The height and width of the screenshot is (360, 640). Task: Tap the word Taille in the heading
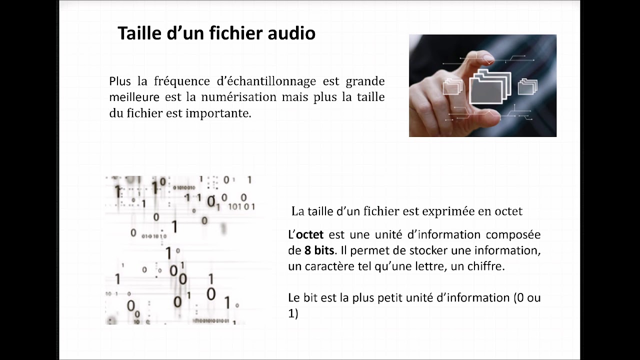click(x=137, y=33)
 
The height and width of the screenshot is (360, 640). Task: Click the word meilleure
click(x=134, y=97)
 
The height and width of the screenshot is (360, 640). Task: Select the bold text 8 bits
click(x=319, y=250)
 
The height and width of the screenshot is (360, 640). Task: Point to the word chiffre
click(x=484, y=266)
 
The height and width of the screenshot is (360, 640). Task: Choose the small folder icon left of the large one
click(x=452, y=86)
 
